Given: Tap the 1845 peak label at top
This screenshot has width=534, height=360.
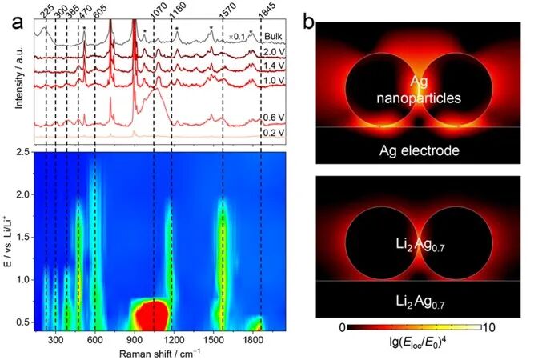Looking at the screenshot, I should point(265,9).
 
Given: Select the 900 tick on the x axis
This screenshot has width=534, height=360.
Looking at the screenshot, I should point(135,339).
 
